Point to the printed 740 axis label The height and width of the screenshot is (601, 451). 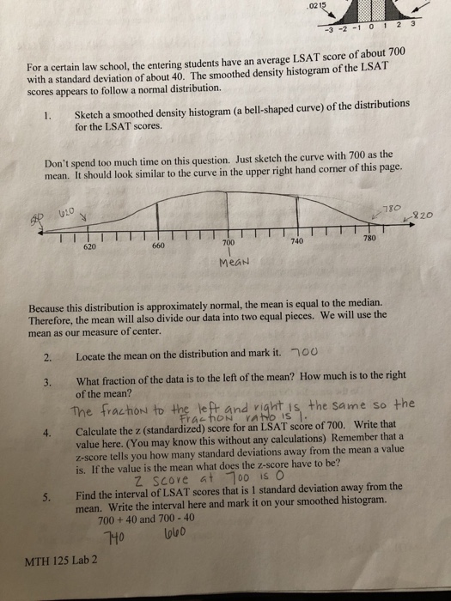tap(298, 243)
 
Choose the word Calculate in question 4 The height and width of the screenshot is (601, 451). tap(101, 428)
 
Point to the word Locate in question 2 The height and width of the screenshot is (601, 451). tap(92, 356)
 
